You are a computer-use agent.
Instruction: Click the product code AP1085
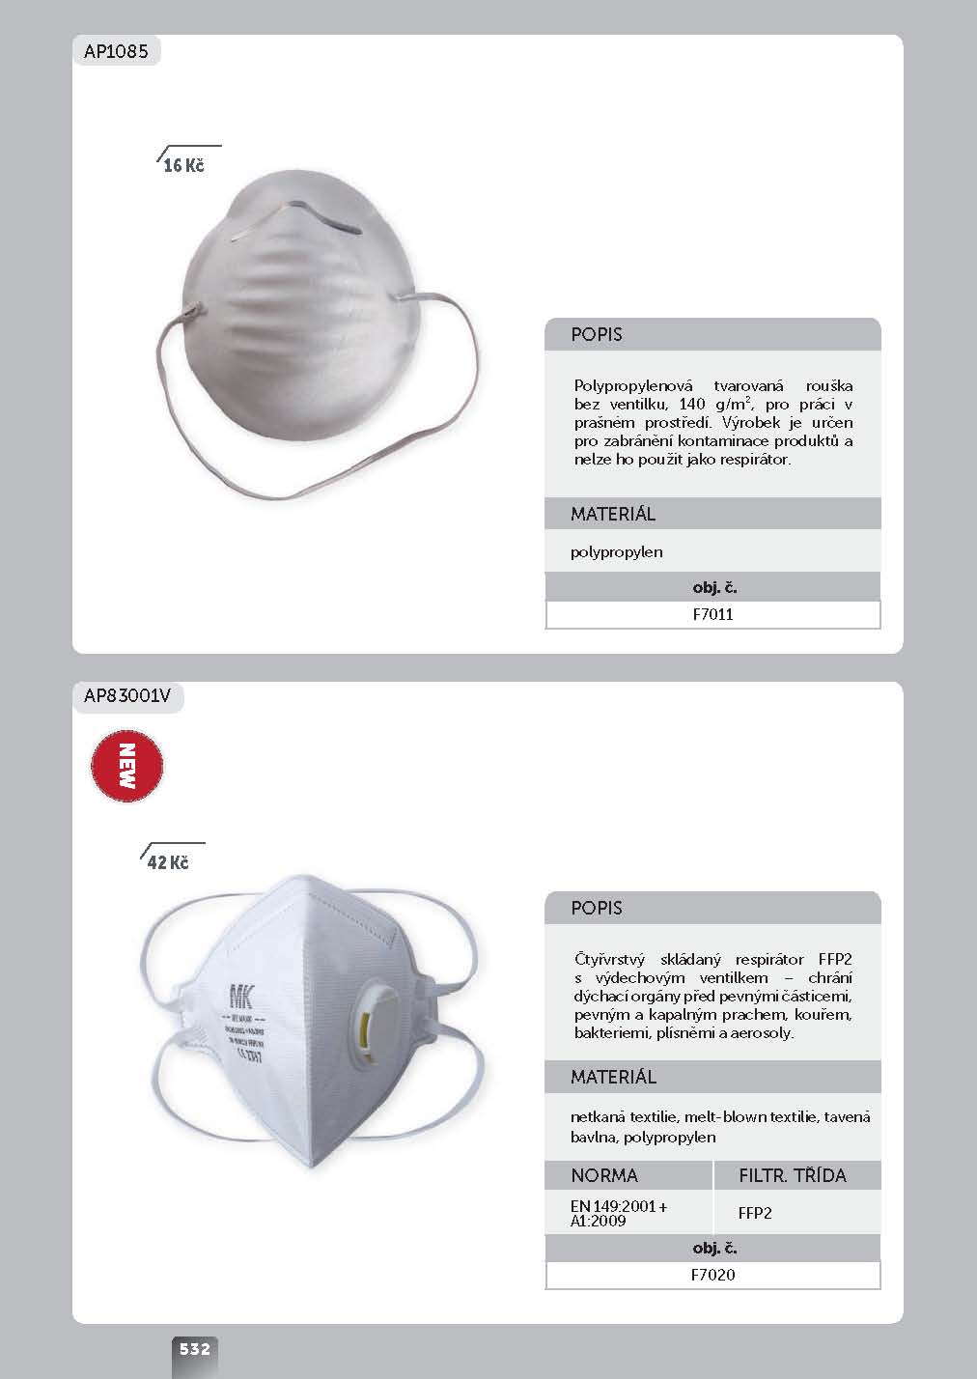(116, 51)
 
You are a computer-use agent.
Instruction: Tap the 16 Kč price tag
(183, 166)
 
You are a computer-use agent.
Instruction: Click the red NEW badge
(126, 767)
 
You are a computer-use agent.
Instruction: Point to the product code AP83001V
(127, 697)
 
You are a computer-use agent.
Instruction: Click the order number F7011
(712, 614)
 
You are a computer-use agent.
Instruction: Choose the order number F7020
(712, 1275)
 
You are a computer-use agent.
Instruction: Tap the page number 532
(194, 1349)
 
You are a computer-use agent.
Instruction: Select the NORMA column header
(604, 1175)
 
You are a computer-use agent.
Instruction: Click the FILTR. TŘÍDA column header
(792, 1175)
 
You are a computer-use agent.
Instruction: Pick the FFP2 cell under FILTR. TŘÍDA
(755, 1213)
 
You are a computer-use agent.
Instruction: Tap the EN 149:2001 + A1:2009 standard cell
(619, 1213)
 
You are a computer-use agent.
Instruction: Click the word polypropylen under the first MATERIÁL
(616, 552)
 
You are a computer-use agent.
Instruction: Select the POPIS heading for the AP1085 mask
(597, 335)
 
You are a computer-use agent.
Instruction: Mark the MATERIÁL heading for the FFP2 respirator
(613, 1077)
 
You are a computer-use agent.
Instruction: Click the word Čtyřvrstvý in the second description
(610, 960)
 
